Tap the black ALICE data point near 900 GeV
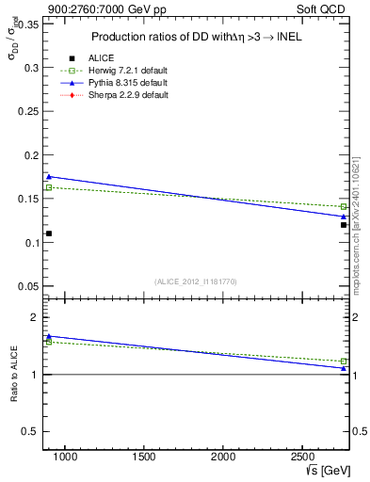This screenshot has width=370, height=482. click(49, 233)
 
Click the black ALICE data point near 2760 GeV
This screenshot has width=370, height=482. click(344, 224)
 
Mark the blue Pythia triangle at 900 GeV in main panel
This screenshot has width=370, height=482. click(49, 176)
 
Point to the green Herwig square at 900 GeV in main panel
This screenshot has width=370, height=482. click(49, 187)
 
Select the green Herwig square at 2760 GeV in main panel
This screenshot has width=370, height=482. click(344, 206)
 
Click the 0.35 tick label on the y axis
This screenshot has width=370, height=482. click(28, 25)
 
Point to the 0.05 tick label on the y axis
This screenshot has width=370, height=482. click(28, 286)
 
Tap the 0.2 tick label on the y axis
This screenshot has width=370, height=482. click(31, 156)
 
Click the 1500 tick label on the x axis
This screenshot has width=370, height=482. click(144, 458)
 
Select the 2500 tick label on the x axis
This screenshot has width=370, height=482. click(303, 458)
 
